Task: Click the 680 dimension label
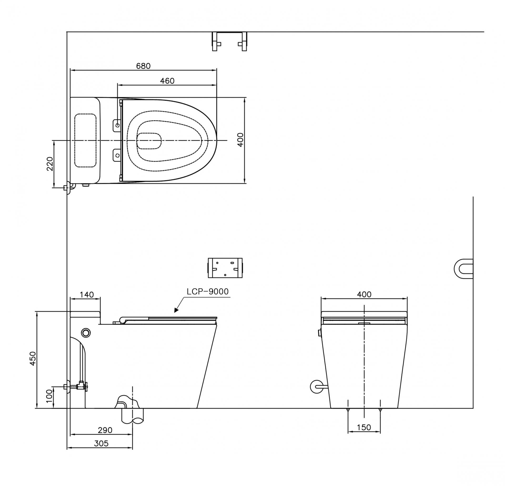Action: click(143, 66)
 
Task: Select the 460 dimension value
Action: click(167, 81)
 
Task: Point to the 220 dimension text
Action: click(50, 164)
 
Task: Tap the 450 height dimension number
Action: click(33, 358)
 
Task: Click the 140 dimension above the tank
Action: click(87, 295)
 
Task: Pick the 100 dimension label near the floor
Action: click(49, 396)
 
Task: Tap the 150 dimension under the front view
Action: click(364, 427)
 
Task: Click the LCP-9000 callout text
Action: click(208, 291)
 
